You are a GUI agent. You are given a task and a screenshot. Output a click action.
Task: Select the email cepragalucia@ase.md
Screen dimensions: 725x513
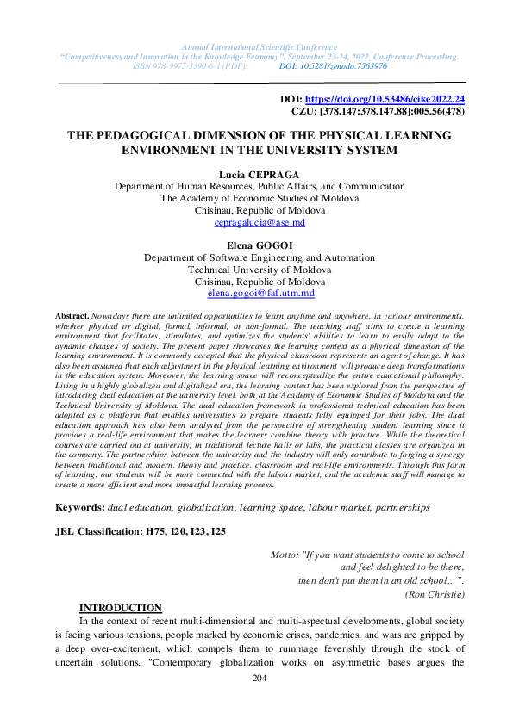click(x=259, y=222)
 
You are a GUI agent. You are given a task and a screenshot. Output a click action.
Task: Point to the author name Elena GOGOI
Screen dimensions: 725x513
click(x=259, y=245)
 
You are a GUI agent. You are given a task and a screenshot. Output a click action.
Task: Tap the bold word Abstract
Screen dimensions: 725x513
click(x=72, y=317)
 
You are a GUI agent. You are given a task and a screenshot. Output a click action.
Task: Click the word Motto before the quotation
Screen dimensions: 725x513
click(x=285, y=554)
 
